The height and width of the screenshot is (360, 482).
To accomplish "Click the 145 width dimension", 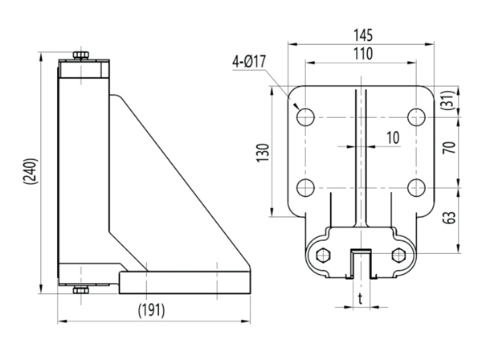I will [361, 35].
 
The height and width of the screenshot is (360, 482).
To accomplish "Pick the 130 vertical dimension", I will [262, 151].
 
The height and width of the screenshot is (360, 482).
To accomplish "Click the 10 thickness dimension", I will [392, 137].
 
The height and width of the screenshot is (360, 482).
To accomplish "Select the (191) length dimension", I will [153, 309].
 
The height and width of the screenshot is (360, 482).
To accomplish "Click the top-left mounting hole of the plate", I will [305, 117].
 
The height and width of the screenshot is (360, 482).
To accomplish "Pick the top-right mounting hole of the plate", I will [415, 117].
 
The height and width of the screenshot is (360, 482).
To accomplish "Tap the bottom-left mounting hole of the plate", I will [305, 188].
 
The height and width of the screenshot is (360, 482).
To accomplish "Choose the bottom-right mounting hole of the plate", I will [415, 188].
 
